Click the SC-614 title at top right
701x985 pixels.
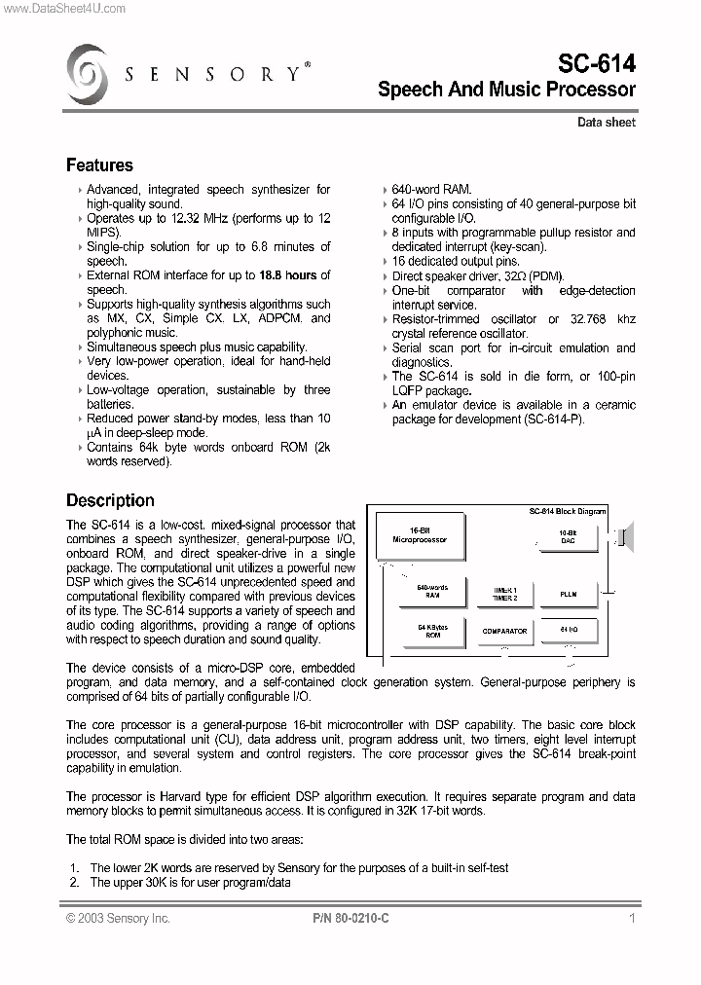pyautogui.click(x=596, y=64)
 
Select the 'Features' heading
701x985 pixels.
pyautogui.click(x=99, y=165)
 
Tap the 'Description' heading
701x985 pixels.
pyautogui.click(x=110, y=500)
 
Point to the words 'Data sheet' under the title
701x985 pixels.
pyautogui.click(x=606, y=123)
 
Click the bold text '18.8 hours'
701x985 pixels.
pyautogui.click(x=289, y=275)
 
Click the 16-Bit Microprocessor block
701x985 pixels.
pyautogui.click(x=420, y=534)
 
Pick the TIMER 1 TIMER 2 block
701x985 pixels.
pyautogui.click(x=503, y=593)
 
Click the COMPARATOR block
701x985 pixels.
pyautogui.click(x=503, y=631)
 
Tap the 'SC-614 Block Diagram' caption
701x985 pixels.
pyautogui.click(x=567, y=511)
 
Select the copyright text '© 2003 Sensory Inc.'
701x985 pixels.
pyautogui.click(x=118, y=918)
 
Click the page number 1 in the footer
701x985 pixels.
pyautogui.click(x=632, y=918)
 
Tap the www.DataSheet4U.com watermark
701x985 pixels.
pyautogui.click(x=63, y=8)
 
